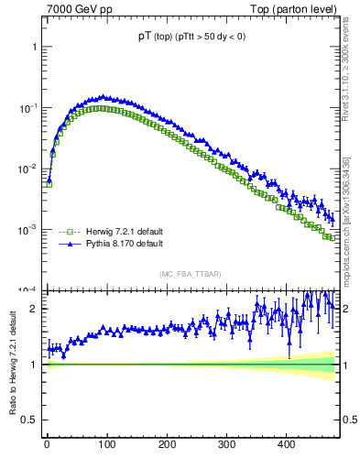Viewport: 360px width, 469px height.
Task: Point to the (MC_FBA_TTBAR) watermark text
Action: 190,274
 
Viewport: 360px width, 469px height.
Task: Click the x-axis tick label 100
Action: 106,444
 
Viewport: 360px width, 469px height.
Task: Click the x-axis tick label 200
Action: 167,444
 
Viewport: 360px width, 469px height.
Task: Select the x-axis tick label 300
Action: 226,444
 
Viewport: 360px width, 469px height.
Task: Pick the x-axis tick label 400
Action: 286,444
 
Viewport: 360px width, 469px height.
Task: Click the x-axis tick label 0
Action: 47,444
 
